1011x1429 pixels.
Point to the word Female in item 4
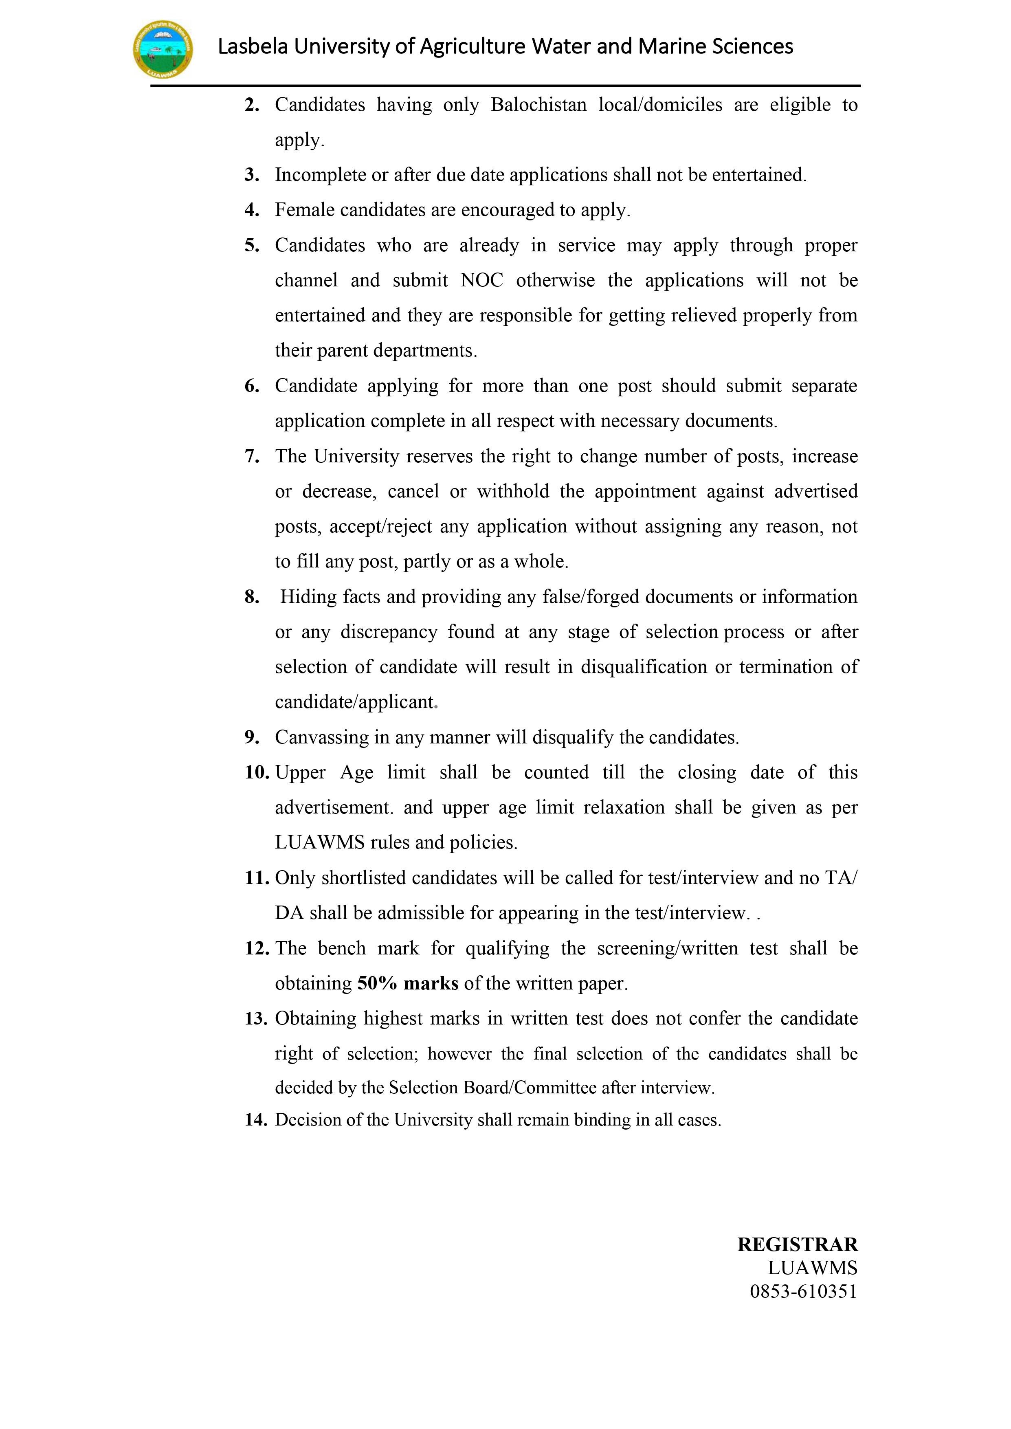click(302, 210)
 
